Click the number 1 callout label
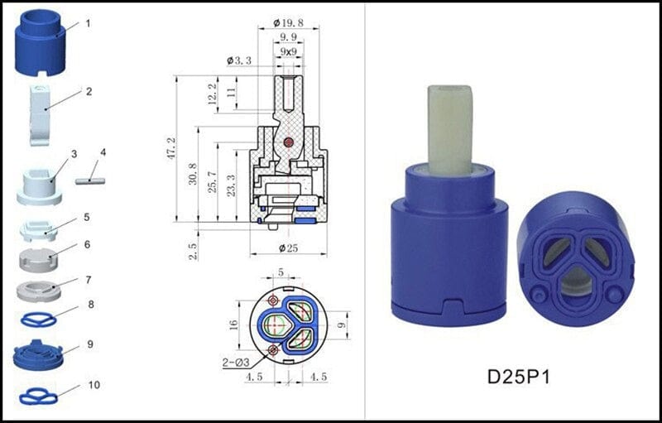pos(88,23)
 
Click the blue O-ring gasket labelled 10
pos(38,397)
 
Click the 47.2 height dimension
pos(171,150)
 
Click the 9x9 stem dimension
pos(289,52)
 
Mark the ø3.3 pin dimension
pos(240,60)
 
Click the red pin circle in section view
pos(288,142)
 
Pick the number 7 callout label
pos(88,280)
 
